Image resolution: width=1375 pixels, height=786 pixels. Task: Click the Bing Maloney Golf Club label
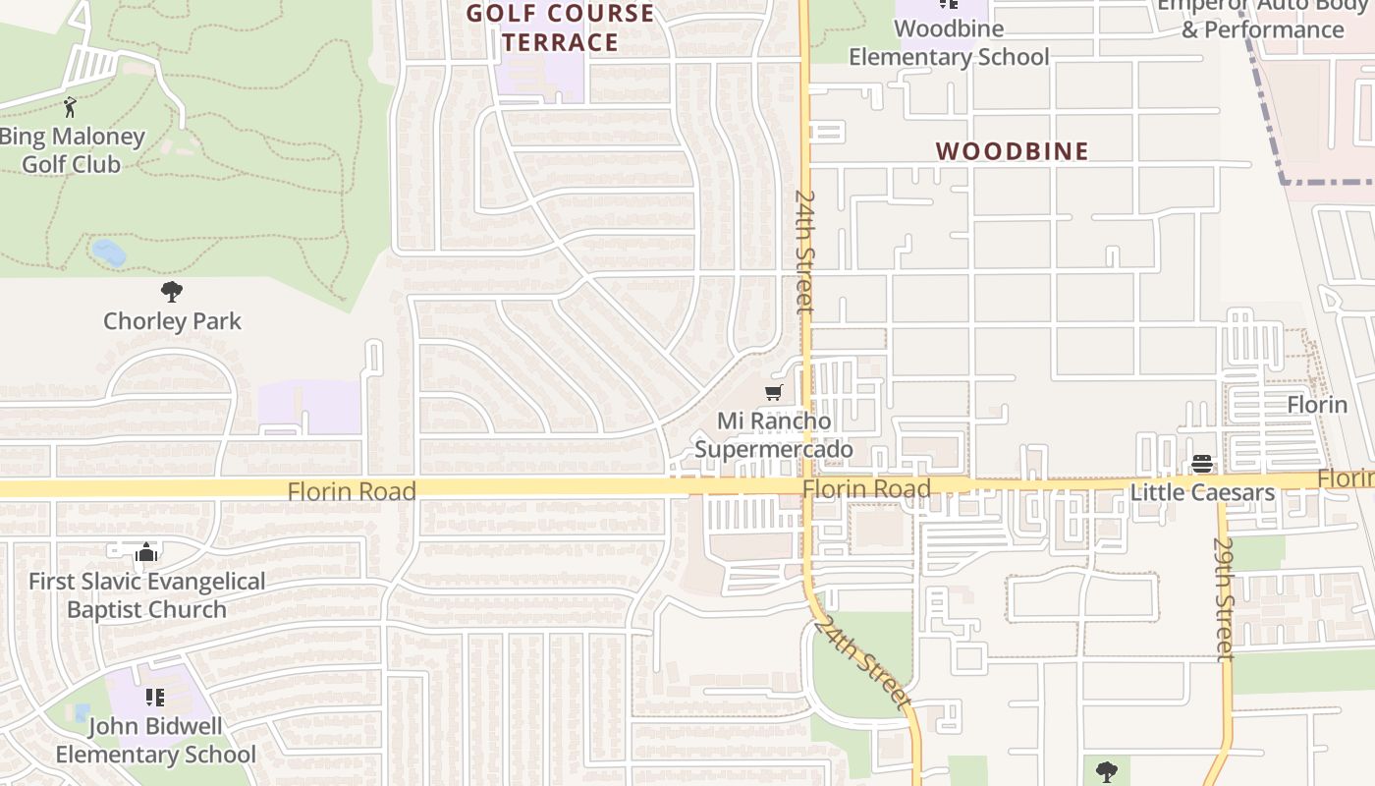click(x=71, y=150)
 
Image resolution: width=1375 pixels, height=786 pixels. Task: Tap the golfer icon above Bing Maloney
click(x=70, y=106)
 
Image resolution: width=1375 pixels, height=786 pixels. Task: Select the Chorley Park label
click(x=172, y=321)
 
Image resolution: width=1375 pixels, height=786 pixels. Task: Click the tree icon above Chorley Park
click(x=172, y=291)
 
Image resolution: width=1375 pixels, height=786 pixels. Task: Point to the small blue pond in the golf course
click(x=108, y=253)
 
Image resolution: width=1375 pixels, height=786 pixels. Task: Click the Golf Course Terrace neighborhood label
click(x=560, y=28)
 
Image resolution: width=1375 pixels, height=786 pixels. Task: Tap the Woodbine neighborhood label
click(x=1012, y=151)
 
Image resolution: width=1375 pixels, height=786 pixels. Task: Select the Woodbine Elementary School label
click(x=949, y=43)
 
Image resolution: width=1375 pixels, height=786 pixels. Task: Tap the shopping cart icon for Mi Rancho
click(x=773, y=393)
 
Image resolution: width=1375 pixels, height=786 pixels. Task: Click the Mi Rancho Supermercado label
click(x=774, y=435)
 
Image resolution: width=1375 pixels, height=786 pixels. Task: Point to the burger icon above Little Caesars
click(x=1202, y=464)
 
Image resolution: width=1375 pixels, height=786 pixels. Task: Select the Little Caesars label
click(x=1202, y=492)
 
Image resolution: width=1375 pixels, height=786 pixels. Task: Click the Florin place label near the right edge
click(x=1317, y=405)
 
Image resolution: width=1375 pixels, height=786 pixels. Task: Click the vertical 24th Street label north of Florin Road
click(x=804, y=252)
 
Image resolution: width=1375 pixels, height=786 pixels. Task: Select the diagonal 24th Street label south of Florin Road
click(x=864, y=662)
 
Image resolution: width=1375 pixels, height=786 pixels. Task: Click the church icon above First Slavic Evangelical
click(x=147, y=553)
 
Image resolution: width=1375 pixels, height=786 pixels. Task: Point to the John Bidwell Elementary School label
click(x=155, y=741)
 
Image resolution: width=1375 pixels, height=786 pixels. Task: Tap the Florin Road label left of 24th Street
click(x=352, y=491)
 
